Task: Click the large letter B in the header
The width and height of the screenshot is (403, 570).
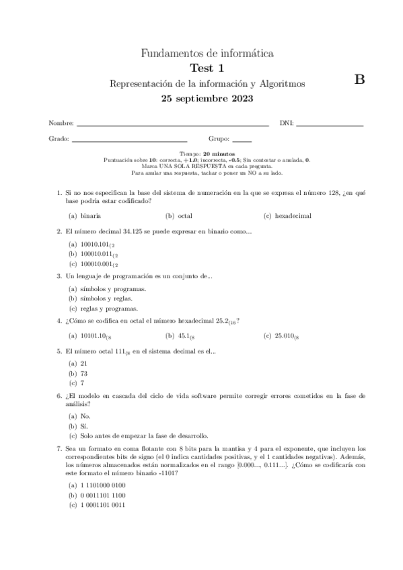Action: [x=359, y=79]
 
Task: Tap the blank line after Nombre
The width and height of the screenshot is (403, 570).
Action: [x=173, y=124]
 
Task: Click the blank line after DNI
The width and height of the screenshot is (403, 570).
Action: [x=330, y=124]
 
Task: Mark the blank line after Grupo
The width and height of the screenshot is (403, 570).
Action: [x=242, y=140]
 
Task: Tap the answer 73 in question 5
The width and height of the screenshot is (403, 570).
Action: [x=85, y=372]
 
